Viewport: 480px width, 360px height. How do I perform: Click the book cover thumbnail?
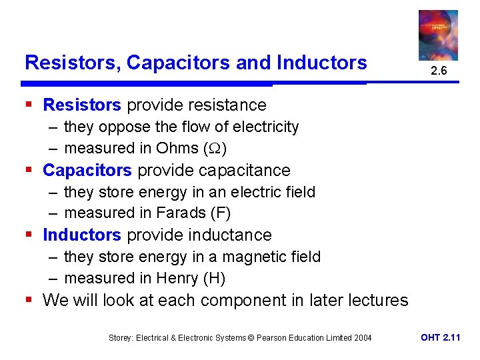pos(438,35)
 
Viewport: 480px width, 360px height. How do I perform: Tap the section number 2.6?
pos(438,70)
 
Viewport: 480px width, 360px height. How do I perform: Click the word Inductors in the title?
pos(322,63)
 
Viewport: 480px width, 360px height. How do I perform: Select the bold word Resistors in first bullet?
pos(82,105)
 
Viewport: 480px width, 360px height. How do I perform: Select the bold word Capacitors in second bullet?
pos(87,171)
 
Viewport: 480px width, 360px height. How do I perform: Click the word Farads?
pos(181,213)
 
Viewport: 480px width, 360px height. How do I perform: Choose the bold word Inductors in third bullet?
pos(82,235)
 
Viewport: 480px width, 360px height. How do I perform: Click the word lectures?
pos(377,301)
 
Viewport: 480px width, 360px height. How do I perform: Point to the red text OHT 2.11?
pos(440,338)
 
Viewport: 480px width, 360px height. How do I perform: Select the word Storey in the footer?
pos(122,338)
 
